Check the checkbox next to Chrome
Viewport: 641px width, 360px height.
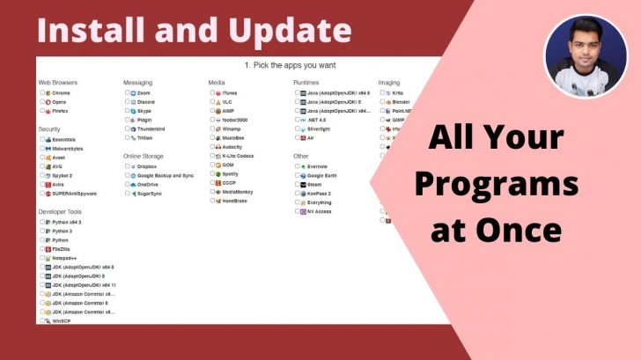pyautogui.click(x=42, y=92)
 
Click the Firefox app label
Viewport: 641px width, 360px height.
pyautogui.click(x=61, y=112)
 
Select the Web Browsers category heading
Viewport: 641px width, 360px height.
pyautogui.click(x=58, y=83)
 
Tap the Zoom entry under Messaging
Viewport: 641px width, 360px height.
pyautogui.click(x=144, y=92)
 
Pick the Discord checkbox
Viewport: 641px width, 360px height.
pyautogui.click(x=127, y=102)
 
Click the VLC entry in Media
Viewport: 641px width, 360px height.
pyautogui.click(x=227, y=102)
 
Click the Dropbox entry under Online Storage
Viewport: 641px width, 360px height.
pyautogui.click(x=146, y=165)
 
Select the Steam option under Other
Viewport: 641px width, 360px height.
pyautogui.click(x=315, y=184)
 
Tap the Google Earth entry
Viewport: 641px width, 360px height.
pyautogui.click(x=322, y=175)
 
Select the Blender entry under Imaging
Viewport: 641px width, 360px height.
pyautogui.click(x=401, y=102)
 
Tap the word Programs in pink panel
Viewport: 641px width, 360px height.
pyautogui.click(x=497, y=185)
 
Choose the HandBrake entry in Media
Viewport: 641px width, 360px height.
pyautogui.click(x=235, y=201)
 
